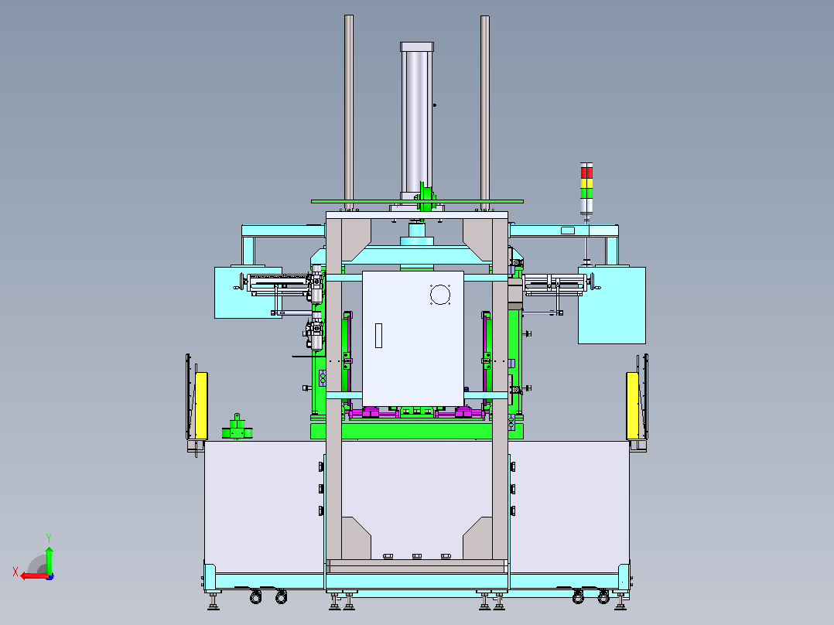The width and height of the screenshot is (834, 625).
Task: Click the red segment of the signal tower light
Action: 586,172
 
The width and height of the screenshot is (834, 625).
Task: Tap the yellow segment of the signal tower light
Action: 586,183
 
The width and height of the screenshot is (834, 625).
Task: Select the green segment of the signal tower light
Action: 586,193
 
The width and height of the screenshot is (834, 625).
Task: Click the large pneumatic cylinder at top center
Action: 416,121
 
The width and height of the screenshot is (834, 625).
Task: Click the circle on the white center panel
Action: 440,294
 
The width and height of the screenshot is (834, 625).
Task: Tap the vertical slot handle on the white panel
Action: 379,336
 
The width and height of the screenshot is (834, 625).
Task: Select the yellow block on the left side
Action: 202,405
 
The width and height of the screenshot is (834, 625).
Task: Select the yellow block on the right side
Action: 632,405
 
